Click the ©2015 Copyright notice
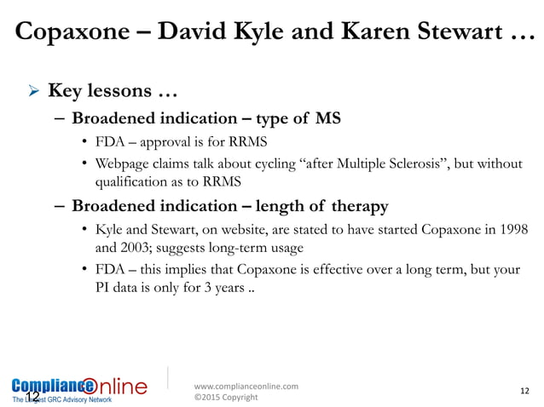pyautogui.click(x=227, y=397)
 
